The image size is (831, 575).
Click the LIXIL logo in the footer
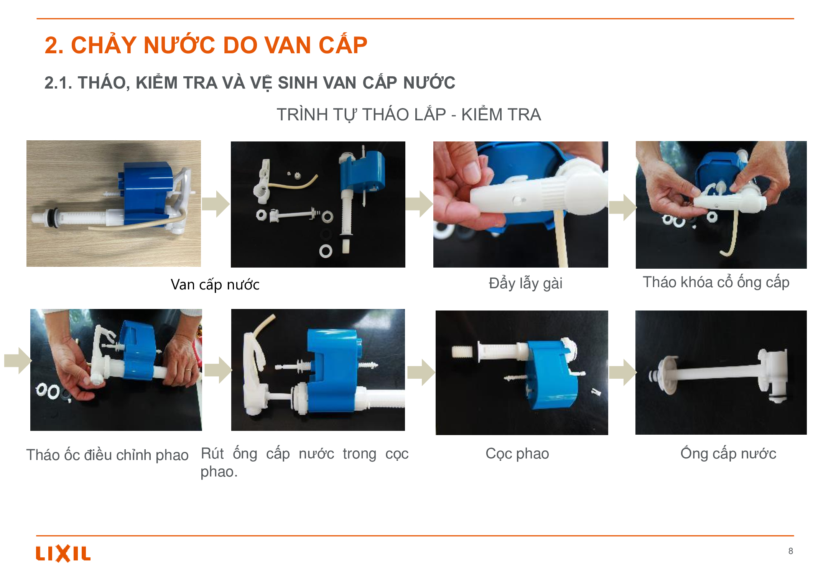(63, 553)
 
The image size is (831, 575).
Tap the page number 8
(790, 551)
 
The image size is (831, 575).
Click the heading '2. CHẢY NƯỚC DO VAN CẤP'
(206, 45)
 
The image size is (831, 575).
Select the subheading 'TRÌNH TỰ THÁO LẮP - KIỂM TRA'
(409, 115)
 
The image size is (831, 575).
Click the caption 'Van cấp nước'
(215, 285)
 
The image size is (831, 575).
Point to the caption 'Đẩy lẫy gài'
(525, 284)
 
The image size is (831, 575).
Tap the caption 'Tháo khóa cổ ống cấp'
(716, 282)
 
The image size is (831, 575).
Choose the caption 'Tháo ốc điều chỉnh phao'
(107, 455)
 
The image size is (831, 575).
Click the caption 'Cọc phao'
(517, 453)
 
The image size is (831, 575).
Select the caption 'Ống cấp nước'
(728, 453)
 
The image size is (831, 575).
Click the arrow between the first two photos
(216, 204)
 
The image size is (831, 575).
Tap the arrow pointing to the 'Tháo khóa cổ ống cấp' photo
(623, 207)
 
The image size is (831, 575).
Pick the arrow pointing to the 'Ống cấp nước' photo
(623, 372)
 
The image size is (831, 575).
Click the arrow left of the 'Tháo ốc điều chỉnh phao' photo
(18, 361)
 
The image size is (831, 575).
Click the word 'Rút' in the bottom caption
(212, 453)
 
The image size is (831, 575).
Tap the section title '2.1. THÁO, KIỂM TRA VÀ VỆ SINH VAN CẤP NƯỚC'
(250, 82)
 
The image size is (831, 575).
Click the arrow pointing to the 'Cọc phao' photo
(421, 372)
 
